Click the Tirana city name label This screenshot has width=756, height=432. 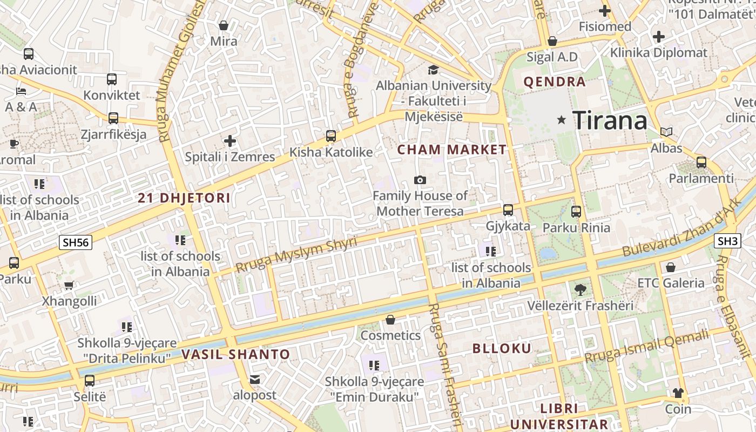[x=610, y=120]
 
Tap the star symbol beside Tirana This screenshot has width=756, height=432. [x=562, y=120]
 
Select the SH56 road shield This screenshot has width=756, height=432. [x=76, y=242]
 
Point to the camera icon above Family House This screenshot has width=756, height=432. [x=420, y=180]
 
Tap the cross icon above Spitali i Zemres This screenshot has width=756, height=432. [x=230, y=141]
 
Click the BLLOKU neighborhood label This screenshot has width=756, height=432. [x=502, y=348]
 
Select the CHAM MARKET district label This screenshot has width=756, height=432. [x=452, y=150]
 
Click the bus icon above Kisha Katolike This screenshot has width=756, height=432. [x=330, y=136]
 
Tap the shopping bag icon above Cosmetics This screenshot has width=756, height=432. [x=390, y=320]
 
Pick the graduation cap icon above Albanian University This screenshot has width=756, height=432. [x=433, y=70]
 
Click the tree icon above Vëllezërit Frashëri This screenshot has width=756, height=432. [x=580, y=290]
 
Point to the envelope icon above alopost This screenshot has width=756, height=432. [x=255, y=380]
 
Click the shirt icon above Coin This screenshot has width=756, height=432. [x=678, y=393]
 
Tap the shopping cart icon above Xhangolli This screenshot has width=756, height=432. [x=69, y=285]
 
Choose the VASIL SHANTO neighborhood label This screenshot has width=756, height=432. [x=235, y=355]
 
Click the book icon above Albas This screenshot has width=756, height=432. [x=666, y=132]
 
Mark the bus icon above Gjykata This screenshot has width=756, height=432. [x=508, y=210]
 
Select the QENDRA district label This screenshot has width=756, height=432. [x=555, y=82]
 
